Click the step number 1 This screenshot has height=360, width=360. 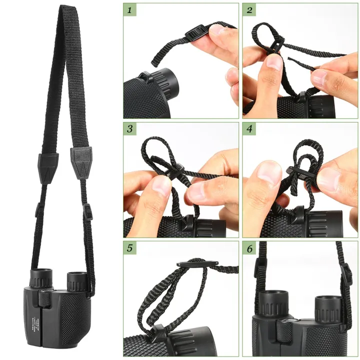(131, 10)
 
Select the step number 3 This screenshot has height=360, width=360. (131, 129)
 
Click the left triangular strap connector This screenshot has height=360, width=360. (48, 162)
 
